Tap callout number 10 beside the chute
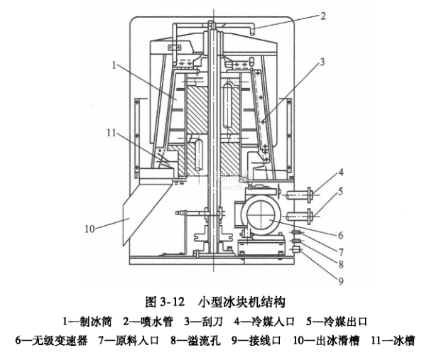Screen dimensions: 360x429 [89, 229]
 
